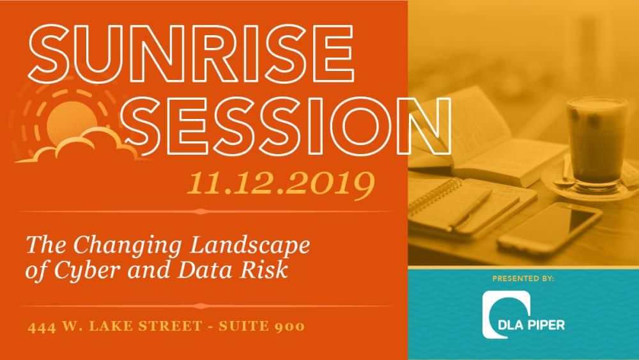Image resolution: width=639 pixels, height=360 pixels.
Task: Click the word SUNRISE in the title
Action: tap(190, 54)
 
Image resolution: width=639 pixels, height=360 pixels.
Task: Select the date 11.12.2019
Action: tap(281, 184)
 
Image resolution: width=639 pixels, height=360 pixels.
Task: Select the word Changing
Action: tap(127, 246)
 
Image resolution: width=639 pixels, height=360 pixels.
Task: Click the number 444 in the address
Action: tap(42, 327)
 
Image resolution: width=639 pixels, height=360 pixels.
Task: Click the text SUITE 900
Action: tap(261, 326)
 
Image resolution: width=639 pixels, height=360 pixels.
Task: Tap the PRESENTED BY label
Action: tap(523, 278)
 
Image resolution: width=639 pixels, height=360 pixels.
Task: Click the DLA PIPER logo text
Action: tap(532, 325)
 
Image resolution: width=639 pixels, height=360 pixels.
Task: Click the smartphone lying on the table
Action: tap(550, 228)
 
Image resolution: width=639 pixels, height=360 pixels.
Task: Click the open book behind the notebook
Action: tap(489, 139)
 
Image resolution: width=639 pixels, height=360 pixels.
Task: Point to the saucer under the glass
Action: tap(591, 185)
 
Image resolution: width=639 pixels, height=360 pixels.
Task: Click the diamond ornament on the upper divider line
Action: tap(200, 211)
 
